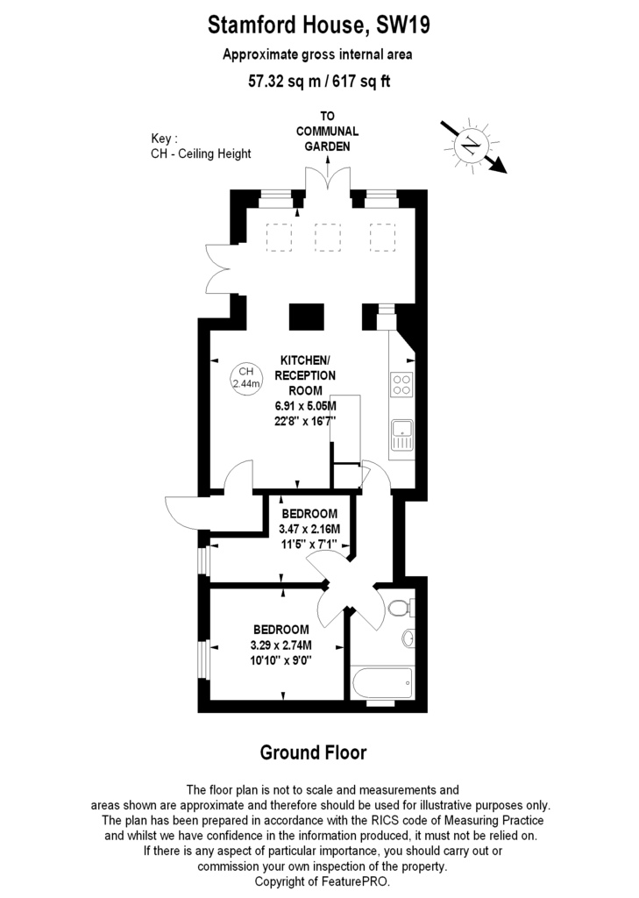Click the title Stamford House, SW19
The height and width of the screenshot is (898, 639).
tap(318, 27)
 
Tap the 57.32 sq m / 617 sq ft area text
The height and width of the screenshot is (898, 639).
tap(318, 83)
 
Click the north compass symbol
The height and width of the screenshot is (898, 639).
tap(472, 144)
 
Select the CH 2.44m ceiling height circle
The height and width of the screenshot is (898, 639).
tap(245, 377)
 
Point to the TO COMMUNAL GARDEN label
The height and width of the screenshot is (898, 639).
tap(327, 131)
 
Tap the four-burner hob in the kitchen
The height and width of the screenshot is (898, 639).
tap(402, 384)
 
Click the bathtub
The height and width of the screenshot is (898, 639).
tap(381, 681)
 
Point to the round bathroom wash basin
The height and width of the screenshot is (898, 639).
tap(408, 638)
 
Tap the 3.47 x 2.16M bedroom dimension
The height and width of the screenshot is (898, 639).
tap(309, 529)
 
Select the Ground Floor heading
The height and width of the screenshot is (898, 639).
tap(313, 752)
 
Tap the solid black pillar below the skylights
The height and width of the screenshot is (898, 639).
tap(306, 315)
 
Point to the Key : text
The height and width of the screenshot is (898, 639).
tap(165, 139)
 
